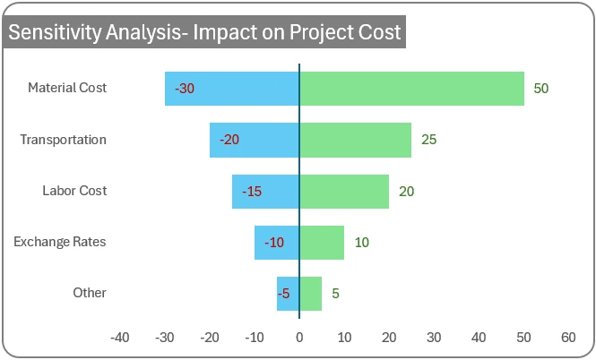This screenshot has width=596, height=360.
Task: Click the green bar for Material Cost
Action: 411,89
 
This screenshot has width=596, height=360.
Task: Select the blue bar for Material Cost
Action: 231,89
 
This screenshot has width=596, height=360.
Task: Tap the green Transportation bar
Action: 355,140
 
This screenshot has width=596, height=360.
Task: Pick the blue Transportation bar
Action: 255,140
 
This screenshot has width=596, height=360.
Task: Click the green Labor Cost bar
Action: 344,191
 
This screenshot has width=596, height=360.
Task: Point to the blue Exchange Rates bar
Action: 276,243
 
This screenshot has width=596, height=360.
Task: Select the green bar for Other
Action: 310,293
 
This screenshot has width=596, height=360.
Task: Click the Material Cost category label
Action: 67,88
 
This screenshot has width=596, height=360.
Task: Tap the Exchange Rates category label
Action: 60,242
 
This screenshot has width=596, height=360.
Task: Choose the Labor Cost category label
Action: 74,191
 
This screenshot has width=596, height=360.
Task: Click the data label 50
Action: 540,89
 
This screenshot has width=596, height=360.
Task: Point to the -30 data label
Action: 185,89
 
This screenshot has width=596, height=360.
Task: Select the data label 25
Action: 428,140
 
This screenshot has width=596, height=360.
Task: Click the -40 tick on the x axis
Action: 119,338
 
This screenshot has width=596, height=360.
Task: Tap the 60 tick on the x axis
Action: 568,338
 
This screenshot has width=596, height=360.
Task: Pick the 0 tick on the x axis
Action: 299,338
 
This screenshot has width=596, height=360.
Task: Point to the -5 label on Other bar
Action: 283,294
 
